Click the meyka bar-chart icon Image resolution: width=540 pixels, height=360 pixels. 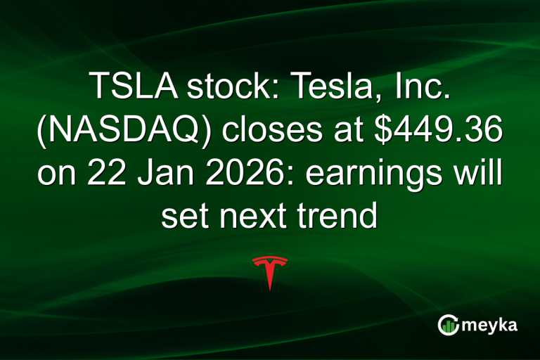point(448,324)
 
